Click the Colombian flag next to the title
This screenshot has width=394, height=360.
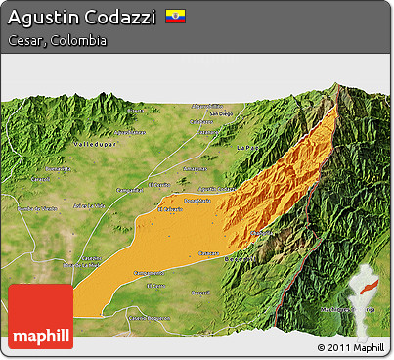175,17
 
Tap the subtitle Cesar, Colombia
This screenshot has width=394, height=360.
57,41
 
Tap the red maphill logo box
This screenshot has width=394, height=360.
40,316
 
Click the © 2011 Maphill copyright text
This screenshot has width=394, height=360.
350,347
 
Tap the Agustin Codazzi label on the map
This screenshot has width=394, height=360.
216,190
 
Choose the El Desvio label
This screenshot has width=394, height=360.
158,184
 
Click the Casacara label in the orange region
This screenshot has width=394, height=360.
208,252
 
